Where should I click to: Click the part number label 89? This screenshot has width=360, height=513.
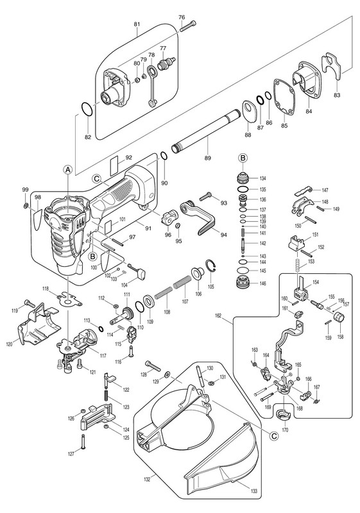tap(207, 158)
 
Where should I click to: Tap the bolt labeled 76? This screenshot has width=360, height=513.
tap(188, 26)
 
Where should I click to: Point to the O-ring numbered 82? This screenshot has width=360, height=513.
tap(87, 109)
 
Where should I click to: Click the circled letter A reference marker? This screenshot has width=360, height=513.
tap(67, 169)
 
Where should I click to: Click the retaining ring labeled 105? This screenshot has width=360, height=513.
tap(210, 267)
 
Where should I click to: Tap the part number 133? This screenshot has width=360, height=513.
tap(254, 491)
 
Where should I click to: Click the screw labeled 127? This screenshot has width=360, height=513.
tap(83, 442)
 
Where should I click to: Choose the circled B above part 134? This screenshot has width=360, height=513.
tap(243, 158)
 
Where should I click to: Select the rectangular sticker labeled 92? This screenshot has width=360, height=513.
tap(114, 166)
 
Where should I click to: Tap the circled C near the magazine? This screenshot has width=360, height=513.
tap(273, 436)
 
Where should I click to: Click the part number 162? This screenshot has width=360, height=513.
tap(218, 316)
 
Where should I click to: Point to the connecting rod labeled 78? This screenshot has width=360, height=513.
tap(151, 86)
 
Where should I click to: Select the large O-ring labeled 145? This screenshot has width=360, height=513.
tap(243, 271)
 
